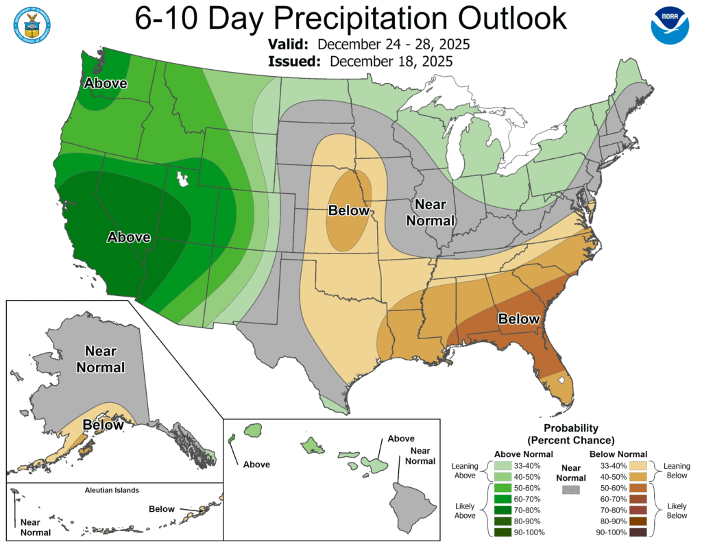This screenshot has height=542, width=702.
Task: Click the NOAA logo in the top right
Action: point(669,25)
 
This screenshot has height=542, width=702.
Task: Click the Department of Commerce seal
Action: point(31,25)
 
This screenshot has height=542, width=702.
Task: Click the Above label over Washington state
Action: point(105,83)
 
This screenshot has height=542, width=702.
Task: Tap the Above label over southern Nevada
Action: point(128,237)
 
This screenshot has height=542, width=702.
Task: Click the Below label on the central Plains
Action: point(348,210)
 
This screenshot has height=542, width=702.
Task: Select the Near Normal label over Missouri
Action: point(430,212)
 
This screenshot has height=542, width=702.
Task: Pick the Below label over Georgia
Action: point(519,319)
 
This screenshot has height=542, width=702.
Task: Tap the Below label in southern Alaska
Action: point(104,425)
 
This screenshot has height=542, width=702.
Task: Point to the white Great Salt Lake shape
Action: point(182,180)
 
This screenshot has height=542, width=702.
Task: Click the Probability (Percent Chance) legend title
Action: point(570,434)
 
